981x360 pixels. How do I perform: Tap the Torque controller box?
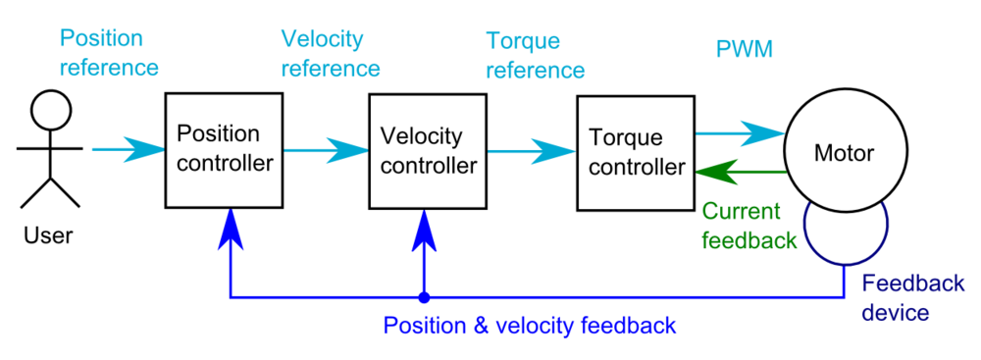point(635,152)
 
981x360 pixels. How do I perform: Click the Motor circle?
point(844,152)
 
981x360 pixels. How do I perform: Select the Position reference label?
point(108,53)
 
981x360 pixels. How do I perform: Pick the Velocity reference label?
point(331,54)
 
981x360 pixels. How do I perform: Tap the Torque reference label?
point(536,56)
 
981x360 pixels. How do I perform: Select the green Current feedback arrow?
point(741,172)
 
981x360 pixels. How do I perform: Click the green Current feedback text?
point(749,226)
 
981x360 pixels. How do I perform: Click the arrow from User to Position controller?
point(128,149)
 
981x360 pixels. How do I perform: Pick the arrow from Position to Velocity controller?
point(329,150)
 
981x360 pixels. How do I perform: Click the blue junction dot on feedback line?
point(424,296)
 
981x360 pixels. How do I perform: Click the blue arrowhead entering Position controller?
point(230,228)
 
